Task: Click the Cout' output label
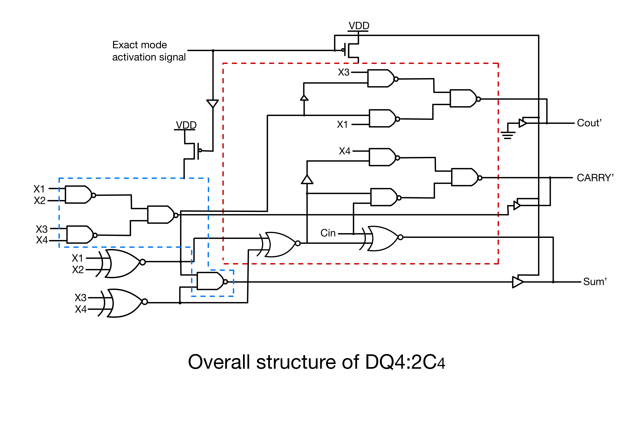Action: pyautogui.click(x=589, y=123)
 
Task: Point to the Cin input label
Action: pyautogui.click(x=328, y=233)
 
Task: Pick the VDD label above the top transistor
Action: pyautogui.click(x=359, y=26)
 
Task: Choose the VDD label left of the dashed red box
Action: pyautogui.click(x=186, y=125)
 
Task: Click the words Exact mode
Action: pyautogui.click(x=140, y=45)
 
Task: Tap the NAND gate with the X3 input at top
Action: pyautogui.click(x=381, y=78)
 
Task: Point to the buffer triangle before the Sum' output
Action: pyautogui.click(x=517, y=282)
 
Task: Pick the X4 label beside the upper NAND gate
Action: pyautogui.click(x=345, y=151)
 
